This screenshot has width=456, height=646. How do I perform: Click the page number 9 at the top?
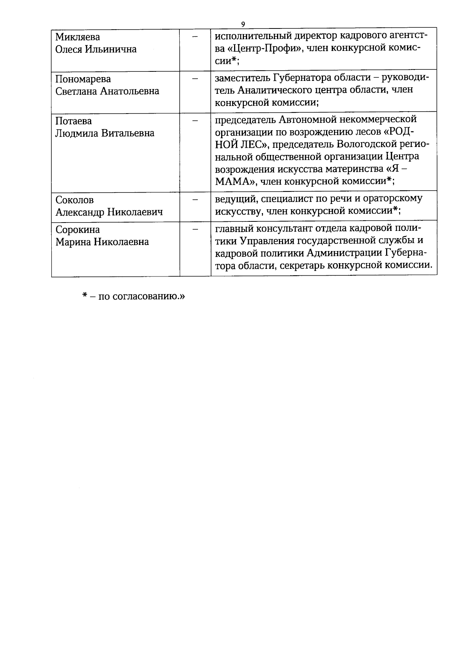(243, 24)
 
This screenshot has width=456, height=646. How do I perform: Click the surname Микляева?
(78, 37)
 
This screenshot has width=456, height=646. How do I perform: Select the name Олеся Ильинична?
(96, 49)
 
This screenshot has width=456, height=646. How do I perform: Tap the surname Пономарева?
(83, 79)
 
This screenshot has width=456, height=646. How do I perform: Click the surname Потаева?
(73, 121)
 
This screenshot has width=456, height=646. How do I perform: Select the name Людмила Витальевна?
(104, 133)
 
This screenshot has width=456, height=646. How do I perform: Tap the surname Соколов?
(74, 200)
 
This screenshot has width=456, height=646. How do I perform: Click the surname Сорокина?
(78, 230)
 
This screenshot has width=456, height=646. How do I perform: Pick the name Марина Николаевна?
(102, 242)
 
